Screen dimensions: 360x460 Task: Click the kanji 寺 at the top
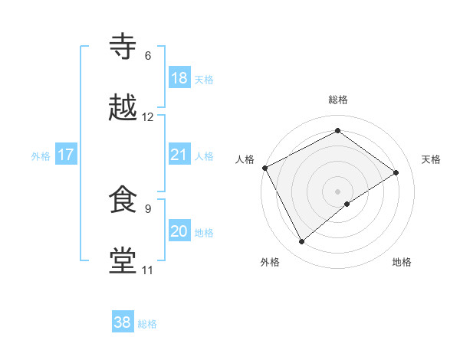point(123,47)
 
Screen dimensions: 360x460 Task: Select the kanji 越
point(123,108)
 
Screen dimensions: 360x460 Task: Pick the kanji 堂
point(123,260)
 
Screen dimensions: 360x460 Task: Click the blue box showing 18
point(179,77)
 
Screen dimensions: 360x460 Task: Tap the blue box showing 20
point(179,231)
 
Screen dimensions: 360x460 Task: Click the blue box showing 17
point(65,155)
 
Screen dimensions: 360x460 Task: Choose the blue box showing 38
point(123,322)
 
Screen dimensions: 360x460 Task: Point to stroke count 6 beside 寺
point(148,56)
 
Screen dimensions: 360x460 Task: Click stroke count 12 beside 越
point(148,117)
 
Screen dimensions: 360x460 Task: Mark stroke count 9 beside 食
point(148,208)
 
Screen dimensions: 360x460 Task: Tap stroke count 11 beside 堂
point(148,270)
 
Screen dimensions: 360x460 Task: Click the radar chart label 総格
point(338,100)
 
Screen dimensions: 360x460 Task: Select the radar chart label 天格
point(432,159)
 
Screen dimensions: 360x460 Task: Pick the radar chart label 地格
point(402,262)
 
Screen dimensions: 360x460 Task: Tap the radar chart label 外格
point(270,262)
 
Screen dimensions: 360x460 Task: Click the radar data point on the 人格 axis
point(264,168)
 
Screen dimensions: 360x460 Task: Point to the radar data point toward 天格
point(396,172)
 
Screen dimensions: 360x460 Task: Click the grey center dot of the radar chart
point(338,191)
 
